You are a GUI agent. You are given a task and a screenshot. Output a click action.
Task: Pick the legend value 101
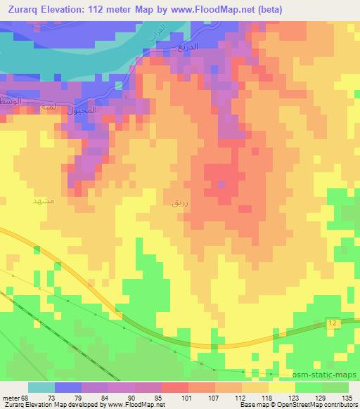click(167, 398)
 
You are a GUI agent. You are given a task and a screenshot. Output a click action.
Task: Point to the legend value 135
click(347, 398)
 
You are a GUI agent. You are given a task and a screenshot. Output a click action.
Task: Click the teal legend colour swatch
click(41, 387)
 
